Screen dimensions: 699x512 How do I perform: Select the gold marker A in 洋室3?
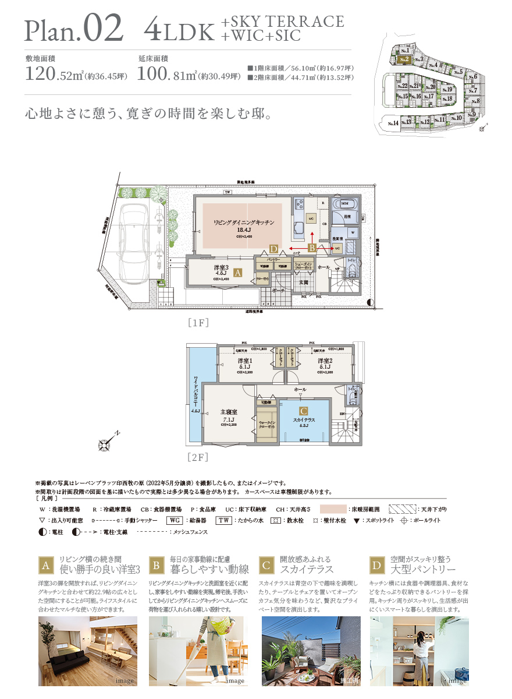(x=237, y=271)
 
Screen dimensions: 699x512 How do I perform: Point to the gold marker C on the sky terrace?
(x=303, y=410)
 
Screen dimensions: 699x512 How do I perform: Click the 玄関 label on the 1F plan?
(x=304, y=282)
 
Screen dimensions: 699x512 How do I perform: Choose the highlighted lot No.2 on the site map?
(x=406, y=58)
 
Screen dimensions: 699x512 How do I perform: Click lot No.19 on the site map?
(x=446, y=90)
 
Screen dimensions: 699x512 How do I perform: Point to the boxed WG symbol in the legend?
(x=175, y=520)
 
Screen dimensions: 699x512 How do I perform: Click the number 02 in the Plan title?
(x=103, y=27)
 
